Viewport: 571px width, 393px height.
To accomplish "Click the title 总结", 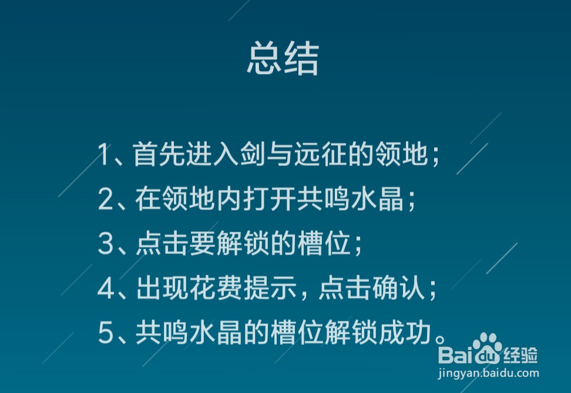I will (283, 59).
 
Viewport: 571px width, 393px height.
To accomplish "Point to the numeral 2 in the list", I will (105, 200).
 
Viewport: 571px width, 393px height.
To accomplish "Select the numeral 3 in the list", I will (105, 244).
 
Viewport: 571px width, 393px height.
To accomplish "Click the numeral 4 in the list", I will (105, 289).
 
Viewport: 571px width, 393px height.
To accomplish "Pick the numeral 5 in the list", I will (105, 333).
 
